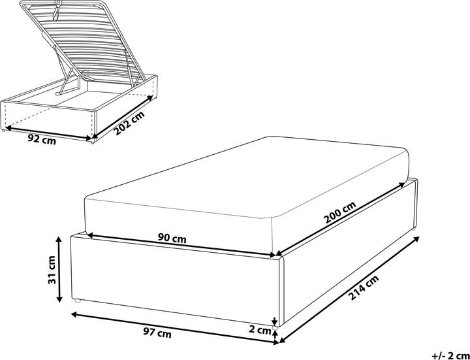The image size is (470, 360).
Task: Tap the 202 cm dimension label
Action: click(x=129, y=123)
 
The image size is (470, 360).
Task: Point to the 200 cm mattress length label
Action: click(x=340, y=214)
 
